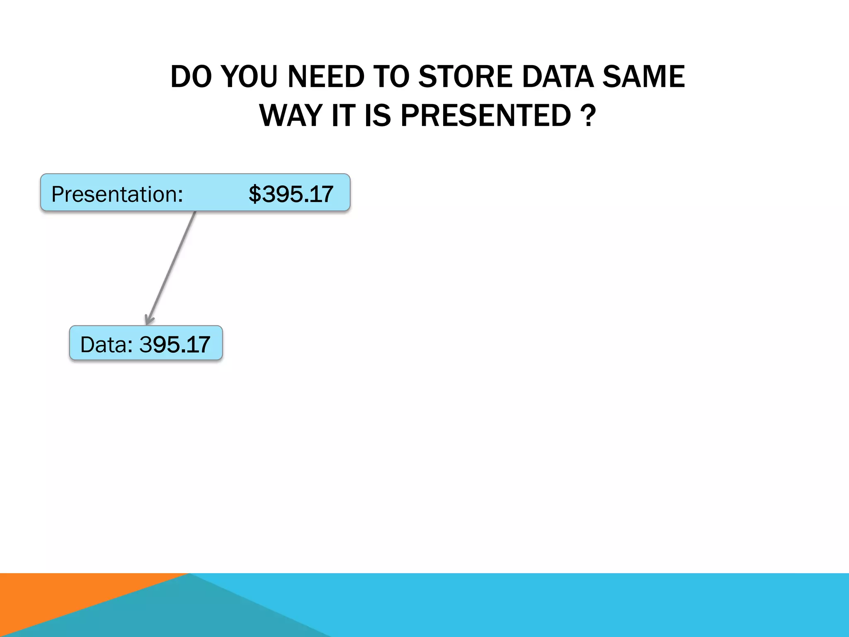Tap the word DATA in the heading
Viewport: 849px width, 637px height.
(x=558, y=77)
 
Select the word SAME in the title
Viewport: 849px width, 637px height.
(x=643, y=77)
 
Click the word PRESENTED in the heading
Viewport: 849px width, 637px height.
(x=486, y=116)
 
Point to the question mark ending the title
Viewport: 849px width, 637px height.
(x=588, y=116)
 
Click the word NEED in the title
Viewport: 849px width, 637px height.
(x=325, y=77)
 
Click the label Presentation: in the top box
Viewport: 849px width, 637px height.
(x=117, y=194)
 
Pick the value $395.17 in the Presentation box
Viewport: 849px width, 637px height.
(x=291, y=194)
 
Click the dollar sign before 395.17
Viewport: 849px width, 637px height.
(x=255, y=194)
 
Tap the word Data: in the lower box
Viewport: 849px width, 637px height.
(x=107, y=345)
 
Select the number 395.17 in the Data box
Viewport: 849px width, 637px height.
(x=175, y=345)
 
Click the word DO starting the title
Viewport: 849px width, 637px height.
(x=191, y=77)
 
